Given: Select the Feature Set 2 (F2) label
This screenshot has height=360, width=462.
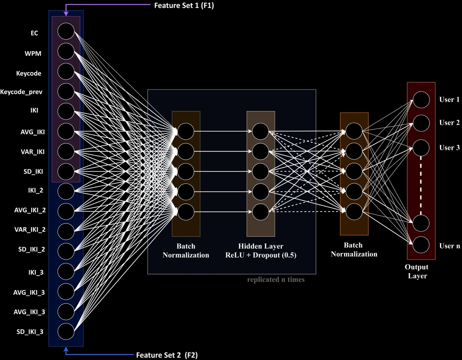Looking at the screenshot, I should pos(166,355).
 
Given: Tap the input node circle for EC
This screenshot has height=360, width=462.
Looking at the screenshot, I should pos(66,31).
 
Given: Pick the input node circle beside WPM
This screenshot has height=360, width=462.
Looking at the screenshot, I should pos(66,51).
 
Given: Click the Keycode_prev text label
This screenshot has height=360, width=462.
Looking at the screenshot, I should pos(22,92).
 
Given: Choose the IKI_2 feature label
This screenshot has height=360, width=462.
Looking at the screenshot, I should pos(34,190).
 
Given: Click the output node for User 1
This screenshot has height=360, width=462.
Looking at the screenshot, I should pos(421,100).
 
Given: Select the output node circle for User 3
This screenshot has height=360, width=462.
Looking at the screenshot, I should pos(421,148).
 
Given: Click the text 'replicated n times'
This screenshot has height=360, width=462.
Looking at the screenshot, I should pos(276,280).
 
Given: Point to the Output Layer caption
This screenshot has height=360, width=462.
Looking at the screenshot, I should pos(417,271).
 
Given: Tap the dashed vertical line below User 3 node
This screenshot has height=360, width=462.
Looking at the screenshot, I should pos(421,185).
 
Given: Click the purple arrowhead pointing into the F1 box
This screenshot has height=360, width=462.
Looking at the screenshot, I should pos(66,14).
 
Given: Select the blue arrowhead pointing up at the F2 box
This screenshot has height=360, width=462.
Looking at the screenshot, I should pos(66,349).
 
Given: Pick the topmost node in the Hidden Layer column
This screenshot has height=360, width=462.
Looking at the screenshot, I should pos(261,131).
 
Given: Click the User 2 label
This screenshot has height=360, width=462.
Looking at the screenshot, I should pos(449,123).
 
